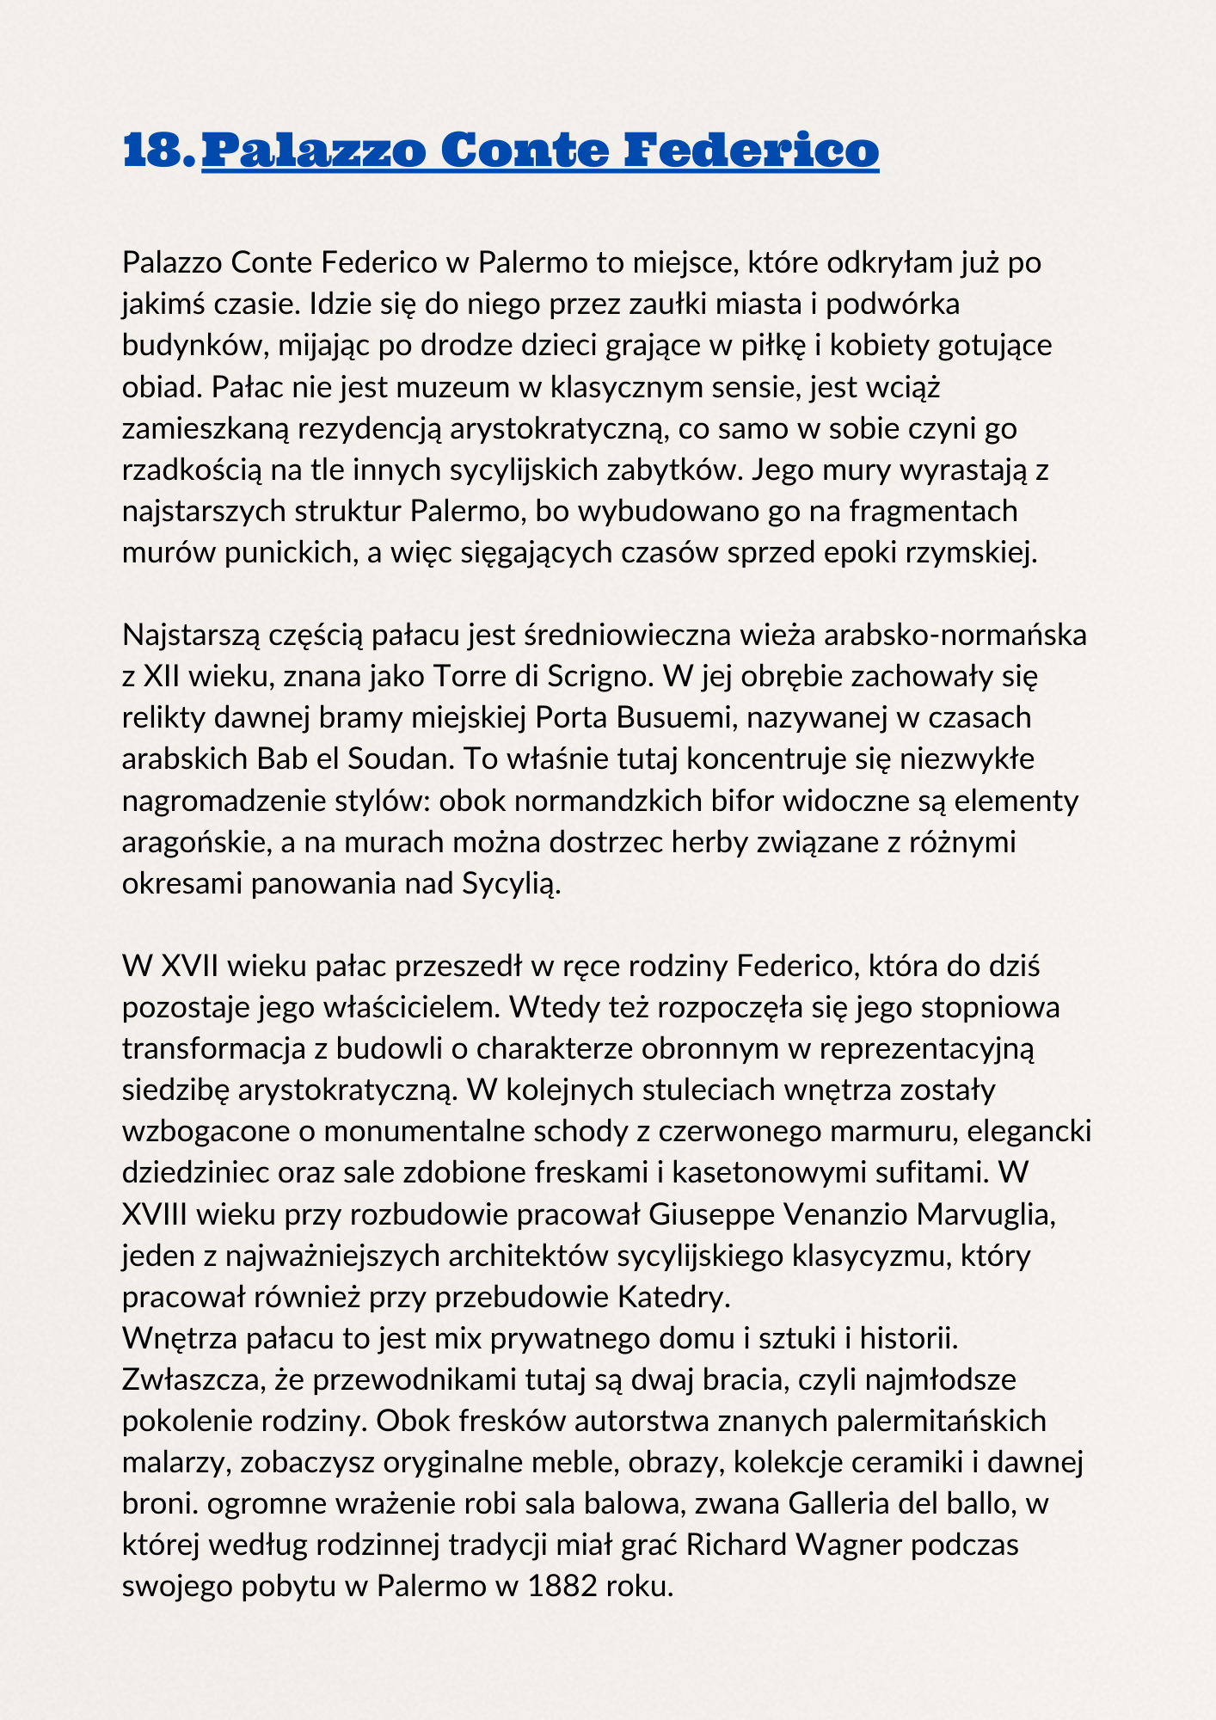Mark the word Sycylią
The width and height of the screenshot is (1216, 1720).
(512, 883)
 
